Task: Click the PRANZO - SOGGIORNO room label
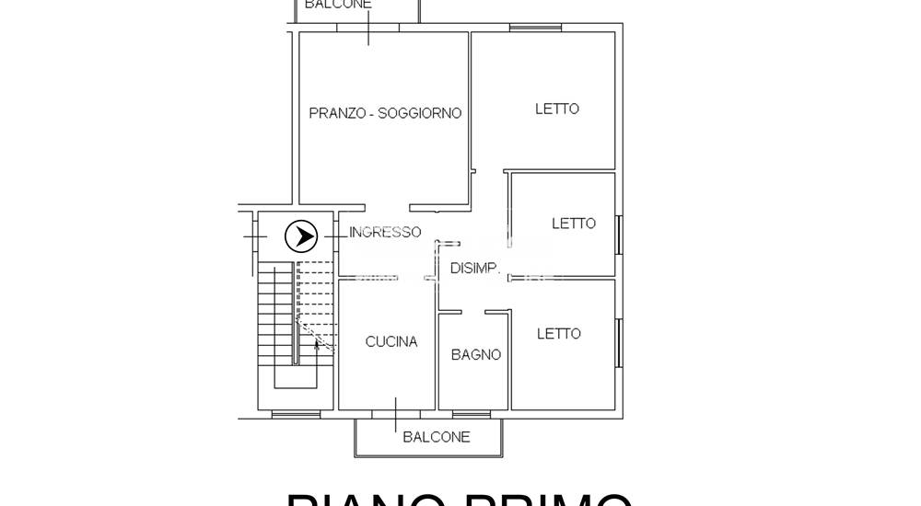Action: click(385, 113)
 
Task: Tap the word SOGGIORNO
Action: click(420, 113)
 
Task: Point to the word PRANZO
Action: click(337, 113)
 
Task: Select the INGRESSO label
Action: click(385, 233)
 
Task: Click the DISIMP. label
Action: click(475, 269)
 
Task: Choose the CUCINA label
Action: click(391, 341)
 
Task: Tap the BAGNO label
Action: click(476, 354)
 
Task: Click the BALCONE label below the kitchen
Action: click(437, 437)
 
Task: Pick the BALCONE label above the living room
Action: click(338, 5)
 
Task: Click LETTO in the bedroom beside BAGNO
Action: click(559, 334)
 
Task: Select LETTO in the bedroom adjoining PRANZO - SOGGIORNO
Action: click(557, 109)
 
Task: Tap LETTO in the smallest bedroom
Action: click(574, 224)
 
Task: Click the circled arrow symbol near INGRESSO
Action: click(301, 236)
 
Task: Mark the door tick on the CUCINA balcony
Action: click(397, 415)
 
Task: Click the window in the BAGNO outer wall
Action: click(472, 411)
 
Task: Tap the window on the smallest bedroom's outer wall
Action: click(620, 234)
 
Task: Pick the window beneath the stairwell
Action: click(297, 415)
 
